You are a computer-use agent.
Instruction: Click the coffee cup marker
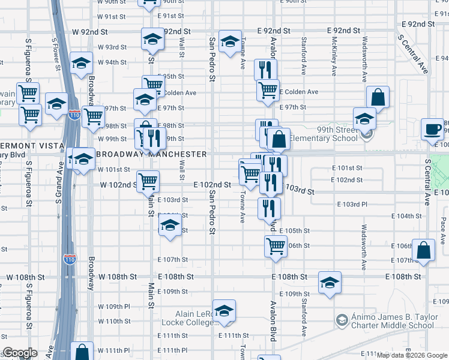click(432, 128)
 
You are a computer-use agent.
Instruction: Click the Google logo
click(20, 353)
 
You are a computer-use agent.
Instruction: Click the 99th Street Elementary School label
click(324, 134)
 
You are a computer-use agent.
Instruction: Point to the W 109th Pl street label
click(114, 307)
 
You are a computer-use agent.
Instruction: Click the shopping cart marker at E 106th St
click(276, 245)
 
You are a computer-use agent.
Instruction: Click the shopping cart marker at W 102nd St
click(148, 180)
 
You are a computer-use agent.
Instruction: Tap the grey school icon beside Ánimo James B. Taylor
click(342, 318)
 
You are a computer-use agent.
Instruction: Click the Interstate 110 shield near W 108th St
click(70, 260)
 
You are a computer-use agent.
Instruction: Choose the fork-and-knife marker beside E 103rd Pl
click(268, 208)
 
